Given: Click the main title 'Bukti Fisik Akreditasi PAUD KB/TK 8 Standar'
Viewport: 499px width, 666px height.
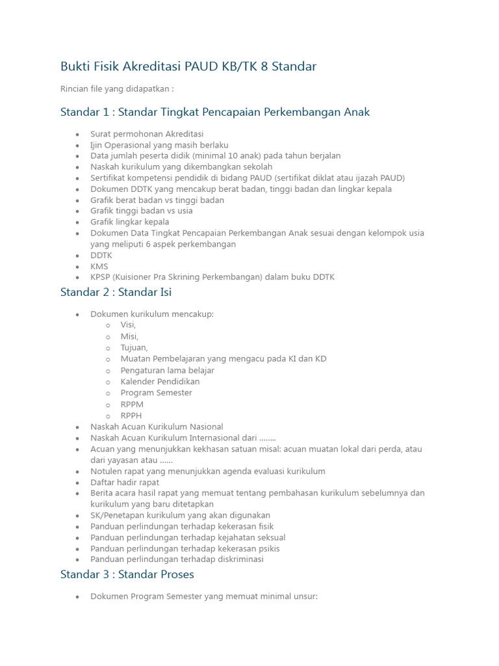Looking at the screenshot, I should [x=188, y=66].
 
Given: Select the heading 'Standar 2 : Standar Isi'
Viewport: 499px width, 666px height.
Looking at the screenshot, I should [x=116, y=292].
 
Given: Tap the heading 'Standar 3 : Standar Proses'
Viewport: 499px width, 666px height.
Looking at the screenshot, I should [x=127, y=574].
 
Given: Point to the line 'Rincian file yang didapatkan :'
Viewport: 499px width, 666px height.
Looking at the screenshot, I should [x=117, y=88].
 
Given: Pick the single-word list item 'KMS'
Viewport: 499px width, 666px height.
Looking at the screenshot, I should [x=99, y=266].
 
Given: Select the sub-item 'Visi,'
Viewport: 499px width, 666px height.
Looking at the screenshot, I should [x=128, y=325].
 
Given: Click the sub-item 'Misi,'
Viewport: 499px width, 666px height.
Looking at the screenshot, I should [x=129, y=336].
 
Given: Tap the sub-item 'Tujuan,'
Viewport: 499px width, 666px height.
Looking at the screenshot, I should [x=134, y=347].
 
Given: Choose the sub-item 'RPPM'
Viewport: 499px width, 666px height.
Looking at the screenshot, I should [x=132, y=404].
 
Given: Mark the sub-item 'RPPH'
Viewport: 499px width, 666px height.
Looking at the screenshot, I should [x=131, y=415].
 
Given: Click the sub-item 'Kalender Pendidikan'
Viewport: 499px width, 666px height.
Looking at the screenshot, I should [x=160, y=381].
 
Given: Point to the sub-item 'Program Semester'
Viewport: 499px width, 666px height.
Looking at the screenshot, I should [x=156, y=393].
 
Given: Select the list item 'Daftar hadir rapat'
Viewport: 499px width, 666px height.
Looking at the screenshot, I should [x=125, y=483].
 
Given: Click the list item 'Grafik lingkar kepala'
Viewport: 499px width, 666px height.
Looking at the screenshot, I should [x=129, y=222].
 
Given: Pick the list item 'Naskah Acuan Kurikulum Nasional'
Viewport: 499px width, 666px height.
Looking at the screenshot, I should [x=157, y=427].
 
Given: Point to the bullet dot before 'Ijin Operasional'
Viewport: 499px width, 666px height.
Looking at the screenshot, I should [x=77, y=146].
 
